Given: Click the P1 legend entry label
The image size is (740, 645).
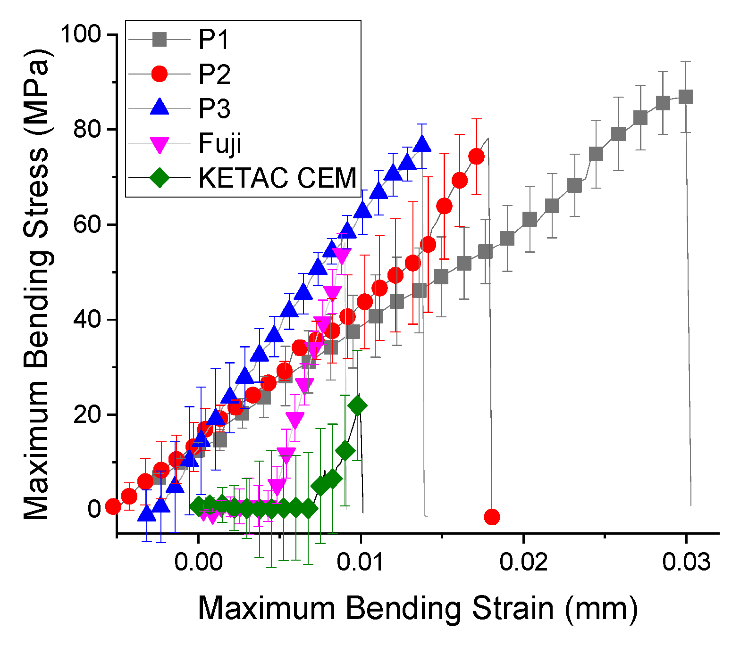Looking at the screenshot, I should click(x=214, y=40).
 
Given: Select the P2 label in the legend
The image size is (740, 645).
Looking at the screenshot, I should click(x=215, y=74).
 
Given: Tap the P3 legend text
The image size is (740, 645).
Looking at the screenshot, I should click(x=215, y=108).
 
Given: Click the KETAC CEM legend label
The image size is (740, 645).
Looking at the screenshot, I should click(x=277, y=178).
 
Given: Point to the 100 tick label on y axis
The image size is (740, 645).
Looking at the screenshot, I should click(x=81, y=34).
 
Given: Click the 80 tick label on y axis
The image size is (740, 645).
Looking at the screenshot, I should click(x=88, y=130).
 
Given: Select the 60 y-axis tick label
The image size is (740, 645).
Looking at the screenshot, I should click(x=88, y=225).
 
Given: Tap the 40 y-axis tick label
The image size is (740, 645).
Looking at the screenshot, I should click(x=88, y=320).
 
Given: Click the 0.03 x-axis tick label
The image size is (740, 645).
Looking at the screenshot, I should click(x=686, y=562).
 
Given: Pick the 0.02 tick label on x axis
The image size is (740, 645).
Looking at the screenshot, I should click(x=523, y=562).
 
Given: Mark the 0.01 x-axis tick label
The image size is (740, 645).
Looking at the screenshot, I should click(x=361, y=562).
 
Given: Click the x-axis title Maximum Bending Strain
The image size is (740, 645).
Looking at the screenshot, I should click(x=418, y=608).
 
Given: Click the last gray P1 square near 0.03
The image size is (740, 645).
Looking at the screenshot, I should click(x=685, y=97).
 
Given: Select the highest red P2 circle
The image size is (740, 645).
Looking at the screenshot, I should click(x=477, y=157).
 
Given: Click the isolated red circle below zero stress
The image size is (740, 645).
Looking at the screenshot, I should click(x=492, y=517).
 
